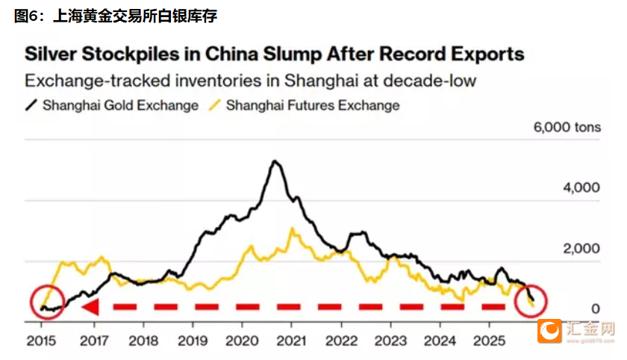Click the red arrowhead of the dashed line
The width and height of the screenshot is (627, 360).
point(90,307)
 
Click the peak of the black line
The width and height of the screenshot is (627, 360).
point(275,161)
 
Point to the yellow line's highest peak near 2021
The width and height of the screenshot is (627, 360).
point(293,229)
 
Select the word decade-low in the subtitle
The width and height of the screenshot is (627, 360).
point(433,81)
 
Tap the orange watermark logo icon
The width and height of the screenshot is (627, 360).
point(551,331)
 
